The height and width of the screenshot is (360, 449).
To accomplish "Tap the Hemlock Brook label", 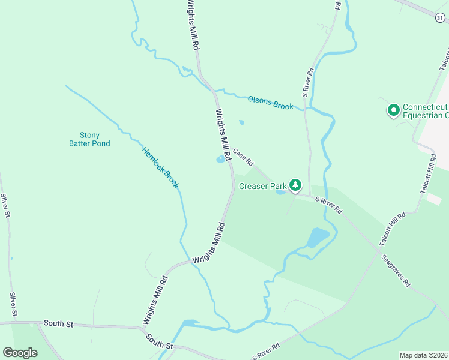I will (160, 168).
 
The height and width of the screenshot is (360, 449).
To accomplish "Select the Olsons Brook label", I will (271, 103).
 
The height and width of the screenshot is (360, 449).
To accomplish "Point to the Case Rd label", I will (244, 157).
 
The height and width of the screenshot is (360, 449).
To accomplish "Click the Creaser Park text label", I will (263, 186).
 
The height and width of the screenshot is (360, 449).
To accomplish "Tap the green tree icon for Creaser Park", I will (295, 185).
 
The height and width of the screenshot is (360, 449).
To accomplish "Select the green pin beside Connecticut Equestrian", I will (393, 110).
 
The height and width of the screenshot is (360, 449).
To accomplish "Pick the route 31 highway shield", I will (440, 18).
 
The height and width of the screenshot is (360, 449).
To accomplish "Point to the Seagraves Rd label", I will (396, 270).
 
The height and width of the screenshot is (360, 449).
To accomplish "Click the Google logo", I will (20, 352).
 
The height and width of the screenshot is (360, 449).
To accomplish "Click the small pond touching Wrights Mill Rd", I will (220, 160).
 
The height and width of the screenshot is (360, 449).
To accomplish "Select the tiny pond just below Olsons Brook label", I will (241, 122).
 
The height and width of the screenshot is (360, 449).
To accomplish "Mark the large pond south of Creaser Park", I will (318, 238).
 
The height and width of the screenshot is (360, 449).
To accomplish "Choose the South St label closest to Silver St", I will (58, 324).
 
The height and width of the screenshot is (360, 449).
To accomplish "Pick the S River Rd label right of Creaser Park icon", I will (328, 206).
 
